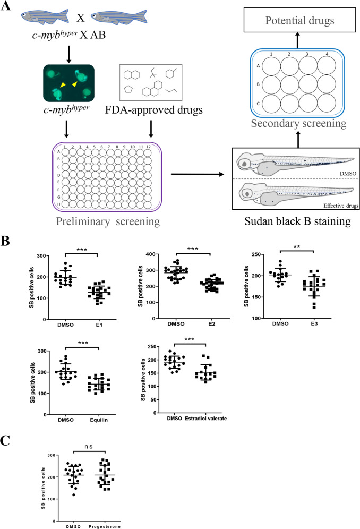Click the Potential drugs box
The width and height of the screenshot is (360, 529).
coord(299,20)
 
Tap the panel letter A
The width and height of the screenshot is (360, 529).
coord(6,5)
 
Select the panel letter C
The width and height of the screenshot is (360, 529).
coord(5,441)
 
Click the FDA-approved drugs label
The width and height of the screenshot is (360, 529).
coord(153,110)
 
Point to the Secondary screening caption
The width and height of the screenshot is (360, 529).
coord(298,123)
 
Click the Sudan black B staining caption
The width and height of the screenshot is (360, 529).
coord(297,221)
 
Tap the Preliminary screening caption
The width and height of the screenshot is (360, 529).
coord(108,221)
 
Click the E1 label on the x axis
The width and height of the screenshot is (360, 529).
coord(99,325)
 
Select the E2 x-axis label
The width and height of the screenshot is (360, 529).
coord(211,324)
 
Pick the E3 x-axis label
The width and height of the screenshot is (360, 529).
coord(314,323)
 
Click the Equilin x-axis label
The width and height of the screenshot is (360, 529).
coord(99,420)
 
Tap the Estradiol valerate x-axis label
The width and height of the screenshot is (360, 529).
coord(206,419)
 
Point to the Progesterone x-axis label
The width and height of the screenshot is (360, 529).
coord(105,526)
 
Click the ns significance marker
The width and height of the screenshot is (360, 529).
coord(89,446)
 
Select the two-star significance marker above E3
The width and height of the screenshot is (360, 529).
coord(297,247)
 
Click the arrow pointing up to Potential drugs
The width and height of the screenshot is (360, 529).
coord(297,40)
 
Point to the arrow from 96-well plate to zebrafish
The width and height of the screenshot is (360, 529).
coord(198,174)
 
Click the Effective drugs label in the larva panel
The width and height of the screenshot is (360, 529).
coord(341,206)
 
